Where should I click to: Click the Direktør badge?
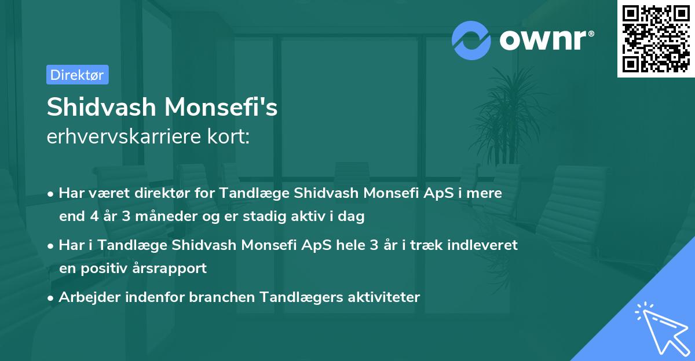click(x=77, y=75)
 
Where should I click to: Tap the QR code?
click(x=656, y=39)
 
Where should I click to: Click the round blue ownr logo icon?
click(x=471, y=40)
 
